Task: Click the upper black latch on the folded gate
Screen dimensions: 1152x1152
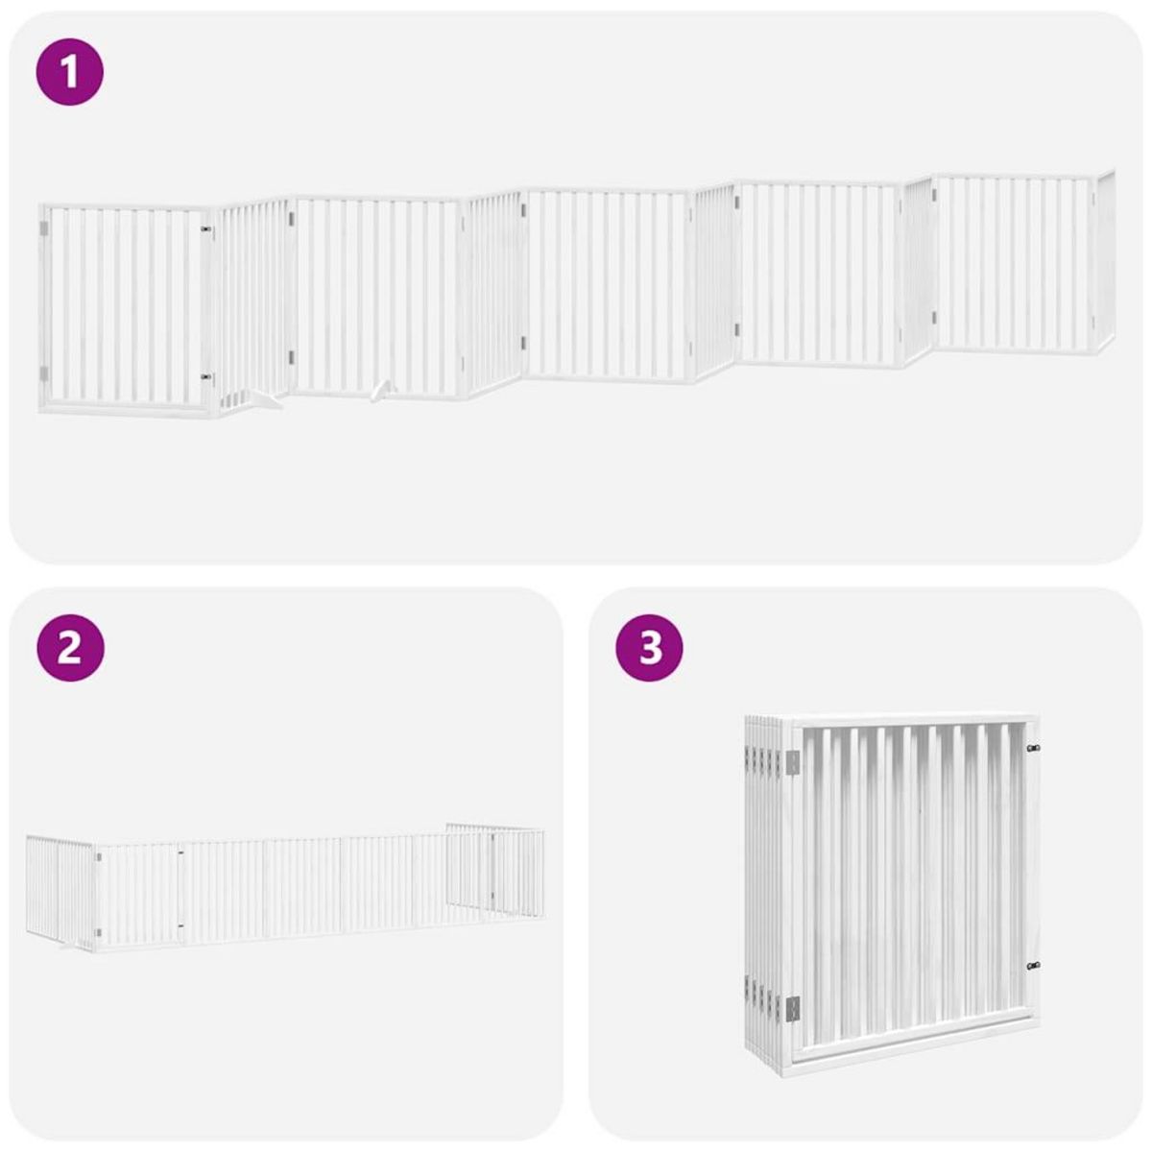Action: [1033, 748]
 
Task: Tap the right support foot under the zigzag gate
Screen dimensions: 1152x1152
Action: [382, 390]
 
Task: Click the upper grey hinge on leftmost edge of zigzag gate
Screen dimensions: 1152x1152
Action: [43, 230]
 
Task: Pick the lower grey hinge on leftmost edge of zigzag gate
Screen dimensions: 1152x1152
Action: [43, 372]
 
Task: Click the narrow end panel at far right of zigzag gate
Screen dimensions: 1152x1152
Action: [1105, 264]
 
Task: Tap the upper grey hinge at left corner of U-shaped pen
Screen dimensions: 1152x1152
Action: [97, 854]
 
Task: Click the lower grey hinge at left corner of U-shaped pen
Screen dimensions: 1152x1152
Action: [97, 930]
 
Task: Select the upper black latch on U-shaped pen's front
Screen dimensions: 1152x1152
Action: [180, 851]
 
